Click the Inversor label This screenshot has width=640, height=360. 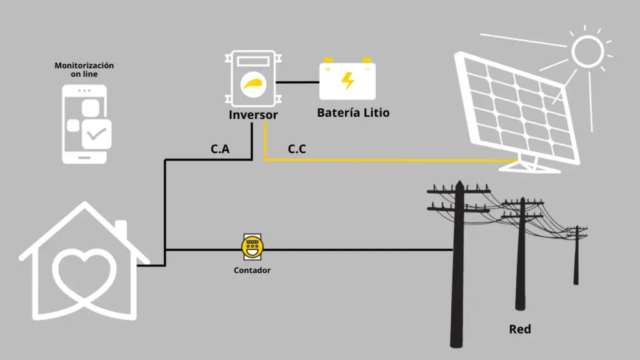(253, 115)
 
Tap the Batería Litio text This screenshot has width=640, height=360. (353, 113)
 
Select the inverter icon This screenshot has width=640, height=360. (253, 79)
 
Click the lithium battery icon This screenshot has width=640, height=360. (347, 80)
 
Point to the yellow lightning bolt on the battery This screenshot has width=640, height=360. (347, 81)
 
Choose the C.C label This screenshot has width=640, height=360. (297, 150)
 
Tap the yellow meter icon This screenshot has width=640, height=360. (252, 248)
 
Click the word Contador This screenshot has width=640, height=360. (252, 271)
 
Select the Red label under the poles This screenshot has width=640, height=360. (520, 329)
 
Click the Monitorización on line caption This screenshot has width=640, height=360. (84, 69)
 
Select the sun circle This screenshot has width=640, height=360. (587, 51)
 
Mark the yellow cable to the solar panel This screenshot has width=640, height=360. (387, 161)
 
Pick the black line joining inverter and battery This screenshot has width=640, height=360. (298, 82)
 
